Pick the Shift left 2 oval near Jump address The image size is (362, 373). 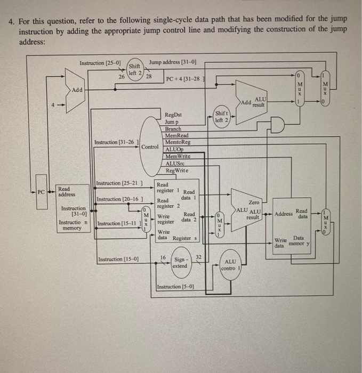pyautogui.click(x=134, y=69)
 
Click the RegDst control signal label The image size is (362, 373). pyautogui.click(x=173, y=115)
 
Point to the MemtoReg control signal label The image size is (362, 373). pyautogui.click(x=178, y=142)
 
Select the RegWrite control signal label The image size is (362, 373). pyautogui.click(x=176, y=171)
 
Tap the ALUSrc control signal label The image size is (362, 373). pyautogui.click(x=176, y=164)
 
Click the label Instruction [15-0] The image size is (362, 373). pyautogui.click(x=118, y=260)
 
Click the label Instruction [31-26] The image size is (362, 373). pyautogui.click(x=117, y=142)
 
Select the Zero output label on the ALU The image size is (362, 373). pyautogui.click(x=254, y=202)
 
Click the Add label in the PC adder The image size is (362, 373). pyautogui.click(x=77, y=90)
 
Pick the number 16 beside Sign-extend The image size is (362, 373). pyautogui.click(x=163, y=257)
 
